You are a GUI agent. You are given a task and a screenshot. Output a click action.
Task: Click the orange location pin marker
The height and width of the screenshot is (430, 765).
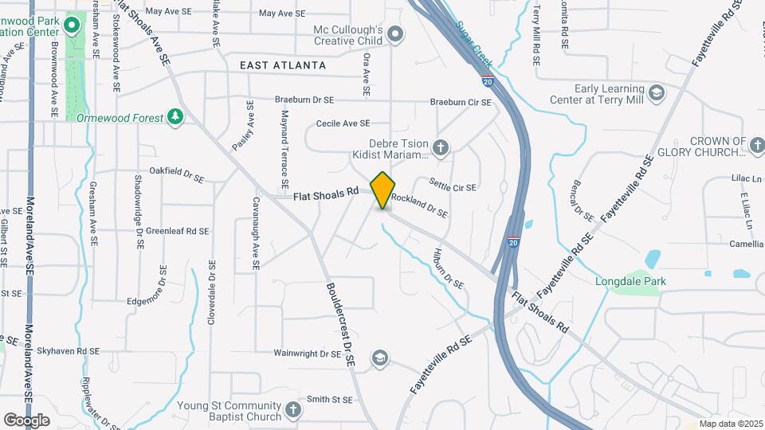[383, 190]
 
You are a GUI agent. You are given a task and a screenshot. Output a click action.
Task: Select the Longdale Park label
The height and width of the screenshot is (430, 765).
[630, 281]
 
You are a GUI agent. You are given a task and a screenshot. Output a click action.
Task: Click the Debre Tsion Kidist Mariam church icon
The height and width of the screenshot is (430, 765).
[441, 147]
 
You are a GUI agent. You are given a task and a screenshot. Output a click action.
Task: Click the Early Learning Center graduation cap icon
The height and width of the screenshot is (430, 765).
[656, 94]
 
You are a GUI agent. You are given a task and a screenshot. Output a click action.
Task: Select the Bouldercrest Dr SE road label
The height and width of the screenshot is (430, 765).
[339, 324]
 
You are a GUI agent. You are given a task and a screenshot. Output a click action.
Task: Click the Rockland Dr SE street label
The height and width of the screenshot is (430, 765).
[419, 207]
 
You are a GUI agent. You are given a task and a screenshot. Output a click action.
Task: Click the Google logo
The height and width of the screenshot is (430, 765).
[26, 420]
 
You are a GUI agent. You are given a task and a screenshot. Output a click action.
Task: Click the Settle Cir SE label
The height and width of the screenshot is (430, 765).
[452, 187]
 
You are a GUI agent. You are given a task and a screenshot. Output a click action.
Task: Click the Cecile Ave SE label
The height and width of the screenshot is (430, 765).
[343, 123]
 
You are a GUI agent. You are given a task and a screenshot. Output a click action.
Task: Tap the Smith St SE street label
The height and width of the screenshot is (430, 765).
[329, 399]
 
